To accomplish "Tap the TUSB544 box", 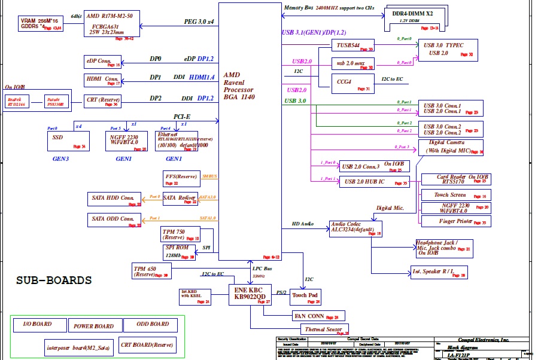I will pyautogui.click(x=353, y=46).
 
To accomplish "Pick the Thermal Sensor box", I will pyautogui.click(x=324, y=329).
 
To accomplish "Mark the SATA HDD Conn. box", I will pyautogui.click(x=113, y=199).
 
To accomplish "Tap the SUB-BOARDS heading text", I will pyautogui.click(x=54, y=280).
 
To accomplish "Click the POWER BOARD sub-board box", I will pyautogui.click(x=93, y=327).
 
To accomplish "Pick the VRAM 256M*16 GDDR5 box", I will pyautogui.click(x=40, y=24).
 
